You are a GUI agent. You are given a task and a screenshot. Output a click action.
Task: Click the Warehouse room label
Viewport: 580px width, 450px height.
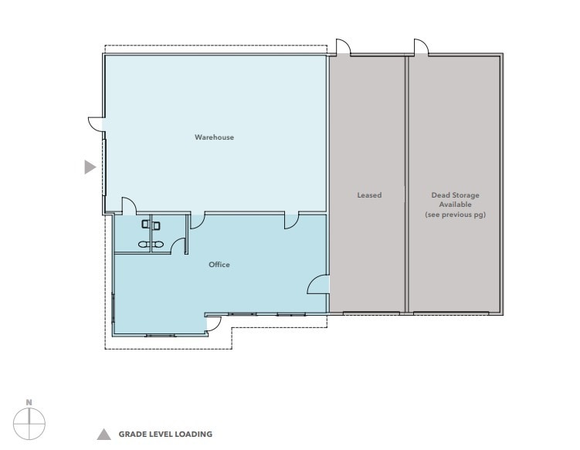pos(214,137)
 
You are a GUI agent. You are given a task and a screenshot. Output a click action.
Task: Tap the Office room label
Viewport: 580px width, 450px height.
pos(219,265)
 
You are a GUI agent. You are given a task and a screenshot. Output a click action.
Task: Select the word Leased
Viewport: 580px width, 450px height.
pos(368,195)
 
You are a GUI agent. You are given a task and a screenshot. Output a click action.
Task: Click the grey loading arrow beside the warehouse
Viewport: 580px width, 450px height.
pos(90,167)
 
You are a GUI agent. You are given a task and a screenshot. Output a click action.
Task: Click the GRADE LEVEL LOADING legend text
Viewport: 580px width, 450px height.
pos(165,435)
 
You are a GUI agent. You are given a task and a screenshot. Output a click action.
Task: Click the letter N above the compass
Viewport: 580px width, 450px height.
pos(29,402)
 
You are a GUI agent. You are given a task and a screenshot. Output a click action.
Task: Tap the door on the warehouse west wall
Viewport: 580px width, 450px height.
pos(95,123)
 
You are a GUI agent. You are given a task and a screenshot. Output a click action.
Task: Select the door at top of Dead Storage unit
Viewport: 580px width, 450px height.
pos(422,48)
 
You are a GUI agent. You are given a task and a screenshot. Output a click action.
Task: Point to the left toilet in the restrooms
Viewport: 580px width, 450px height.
pos(144,225)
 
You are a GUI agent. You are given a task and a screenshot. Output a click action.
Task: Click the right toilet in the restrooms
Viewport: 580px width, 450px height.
pos(156,225)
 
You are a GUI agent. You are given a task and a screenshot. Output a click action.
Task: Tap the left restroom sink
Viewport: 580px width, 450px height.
pos(143,243)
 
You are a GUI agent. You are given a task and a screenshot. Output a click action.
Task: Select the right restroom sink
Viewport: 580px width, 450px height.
pos(158,243)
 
